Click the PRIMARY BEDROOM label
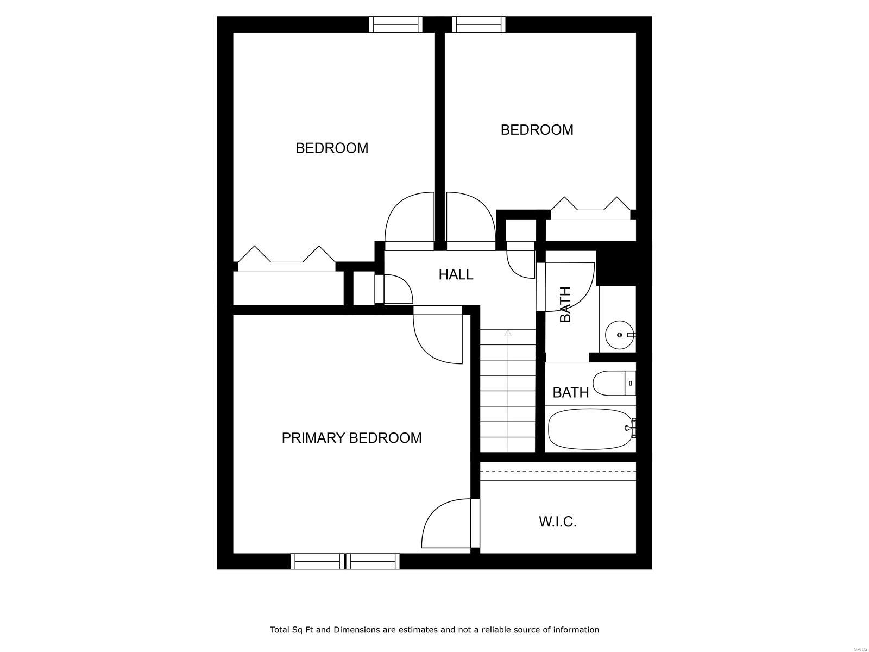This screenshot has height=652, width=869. (x=351, y=438)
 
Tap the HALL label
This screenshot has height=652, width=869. (x=456, y=275)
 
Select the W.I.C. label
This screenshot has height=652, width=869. (x=557, y=522)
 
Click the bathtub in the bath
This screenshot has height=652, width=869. (x=590, y=429)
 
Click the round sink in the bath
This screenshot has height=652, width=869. (x=619, y=335)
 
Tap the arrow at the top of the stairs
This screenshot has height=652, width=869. (x=508, y=333)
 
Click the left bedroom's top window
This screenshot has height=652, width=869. (x=395, y=24)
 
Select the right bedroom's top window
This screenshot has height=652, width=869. (x=478, y=24)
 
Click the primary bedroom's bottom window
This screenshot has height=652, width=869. (x=345, y=561)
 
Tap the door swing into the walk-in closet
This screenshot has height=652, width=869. (x=445, y=524)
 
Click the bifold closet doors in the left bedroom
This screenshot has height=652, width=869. (x=286, y=259)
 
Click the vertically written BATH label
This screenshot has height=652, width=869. (x=565, y=304)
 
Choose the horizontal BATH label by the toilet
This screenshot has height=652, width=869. (x=570, y=392)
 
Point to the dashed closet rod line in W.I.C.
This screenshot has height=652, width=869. (x=558, y=471)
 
